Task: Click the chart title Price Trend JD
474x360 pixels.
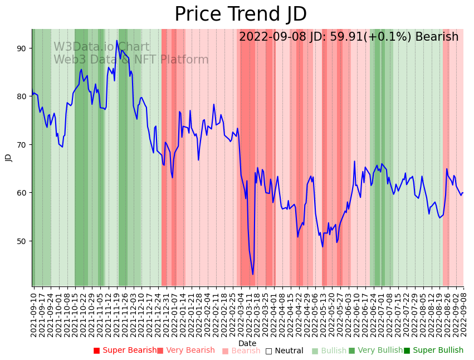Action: coord(241,14)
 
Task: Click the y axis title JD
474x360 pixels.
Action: coord(8,157)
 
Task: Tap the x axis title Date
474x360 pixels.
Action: coord(247,343)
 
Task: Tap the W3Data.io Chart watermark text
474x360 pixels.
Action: coord(101,47)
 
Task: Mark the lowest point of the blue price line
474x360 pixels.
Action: coord(253,274)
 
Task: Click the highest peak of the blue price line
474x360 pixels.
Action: coord(117,40)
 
